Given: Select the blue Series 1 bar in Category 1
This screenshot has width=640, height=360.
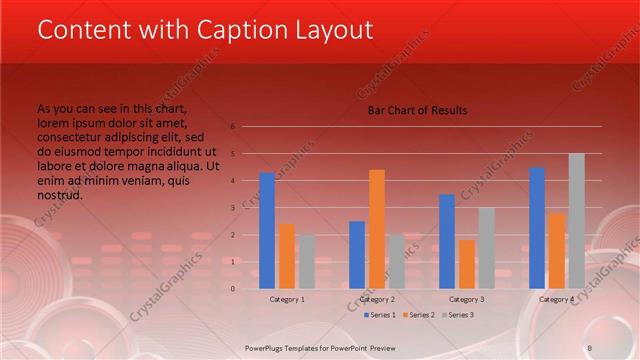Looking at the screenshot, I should (267, 231).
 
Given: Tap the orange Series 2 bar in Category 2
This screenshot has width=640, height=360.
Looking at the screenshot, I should (376, 229).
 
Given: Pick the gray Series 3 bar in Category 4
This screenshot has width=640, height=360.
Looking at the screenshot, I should (576, 221).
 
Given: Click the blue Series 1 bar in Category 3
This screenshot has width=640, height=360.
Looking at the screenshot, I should (446, 241).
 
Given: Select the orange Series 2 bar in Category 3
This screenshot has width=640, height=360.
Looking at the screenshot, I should (466, 264).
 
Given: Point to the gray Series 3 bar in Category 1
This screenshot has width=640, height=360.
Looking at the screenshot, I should (306, 261).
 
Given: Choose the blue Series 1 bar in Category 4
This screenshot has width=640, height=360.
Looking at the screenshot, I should (537, 228).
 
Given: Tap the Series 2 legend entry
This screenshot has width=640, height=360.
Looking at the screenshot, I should (420, 315).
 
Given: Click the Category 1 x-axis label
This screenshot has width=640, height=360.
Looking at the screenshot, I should (287, 299).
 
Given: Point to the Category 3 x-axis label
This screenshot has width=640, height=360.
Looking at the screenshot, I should (466, 299).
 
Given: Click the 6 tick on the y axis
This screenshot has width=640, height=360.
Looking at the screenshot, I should (232, 127).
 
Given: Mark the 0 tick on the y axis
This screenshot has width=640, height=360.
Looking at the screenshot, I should (232, 289).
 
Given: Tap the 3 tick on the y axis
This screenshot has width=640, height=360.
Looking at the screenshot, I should (232, 208).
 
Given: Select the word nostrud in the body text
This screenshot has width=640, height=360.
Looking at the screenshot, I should (60, 195).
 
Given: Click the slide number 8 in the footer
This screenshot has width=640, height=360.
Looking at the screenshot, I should (589, 347).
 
